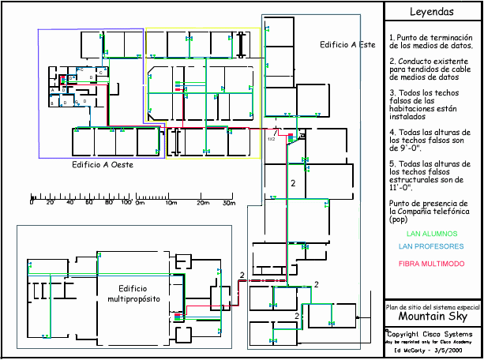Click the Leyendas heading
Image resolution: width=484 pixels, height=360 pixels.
coord(432,12)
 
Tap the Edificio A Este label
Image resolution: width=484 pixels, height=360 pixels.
coord(347,45)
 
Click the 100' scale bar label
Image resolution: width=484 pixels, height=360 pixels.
coord(126,203)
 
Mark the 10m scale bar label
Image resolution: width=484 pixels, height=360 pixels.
coord(171,203)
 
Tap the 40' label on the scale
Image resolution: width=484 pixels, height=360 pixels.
coord(69,203)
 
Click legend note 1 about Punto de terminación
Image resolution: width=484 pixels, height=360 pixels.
coord(431,42)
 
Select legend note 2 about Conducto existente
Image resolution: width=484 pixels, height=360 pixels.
coord(431,69)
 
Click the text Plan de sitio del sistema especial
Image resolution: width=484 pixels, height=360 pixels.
coord(432,306)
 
